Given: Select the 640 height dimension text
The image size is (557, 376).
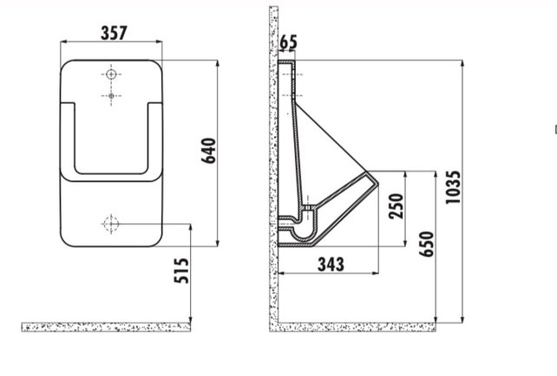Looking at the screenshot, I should (x=206, y=152).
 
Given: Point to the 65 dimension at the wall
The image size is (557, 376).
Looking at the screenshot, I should (x=289, y=40).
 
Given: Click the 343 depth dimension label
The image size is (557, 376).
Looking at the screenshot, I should (x=330, y=263).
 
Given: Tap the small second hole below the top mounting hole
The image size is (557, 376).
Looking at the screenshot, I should (x=110, y=95).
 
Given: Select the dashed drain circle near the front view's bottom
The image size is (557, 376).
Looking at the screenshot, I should (x=110, y=224).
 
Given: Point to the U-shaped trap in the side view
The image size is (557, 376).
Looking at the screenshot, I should (x=299, y=230).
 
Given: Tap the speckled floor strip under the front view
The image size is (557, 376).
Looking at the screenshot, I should (x=105, y=327).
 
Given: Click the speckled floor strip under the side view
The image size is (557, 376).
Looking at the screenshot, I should (x=356, y=327).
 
